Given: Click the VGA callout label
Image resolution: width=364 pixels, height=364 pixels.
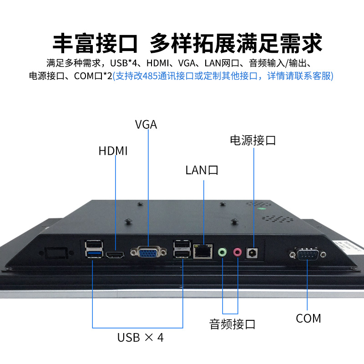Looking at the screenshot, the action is coord(146,124).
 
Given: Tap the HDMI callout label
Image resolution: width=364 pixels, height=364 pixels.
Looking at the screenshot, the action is coord(113,151).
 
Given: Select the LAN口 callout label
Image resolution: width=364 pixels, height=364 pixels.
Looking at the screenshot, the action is coord(202,170).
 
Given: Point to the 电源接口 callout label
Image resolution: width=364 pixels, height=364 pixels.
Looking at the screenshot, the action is coord(253,141).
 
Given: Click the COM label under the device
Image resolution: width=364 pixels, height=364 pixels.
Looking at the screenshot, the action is coord(308,318).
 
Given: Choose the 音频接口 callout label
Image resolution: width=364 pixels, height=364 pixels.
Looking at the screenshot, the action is coord(232,324).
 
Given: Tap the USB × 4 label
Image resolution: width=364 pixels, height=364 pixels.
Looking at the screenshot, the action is coord(141,338).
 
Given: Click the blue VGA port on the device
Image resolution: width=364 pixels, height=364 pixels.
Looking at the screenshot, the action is coord(148,252).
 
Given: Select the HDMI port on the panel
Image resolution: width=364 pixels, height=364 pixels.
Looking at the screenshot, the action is coord(115,255).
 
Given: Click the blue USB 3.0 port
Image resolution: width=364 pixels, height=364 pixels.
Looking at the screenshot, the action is coord(94,254).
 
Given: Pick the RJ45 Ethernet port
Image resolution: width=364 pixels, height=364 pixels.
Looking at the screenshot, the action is coord(202,251).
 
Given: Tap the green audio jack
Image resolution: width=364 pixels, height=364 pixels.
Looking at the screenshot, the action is coord(222,252).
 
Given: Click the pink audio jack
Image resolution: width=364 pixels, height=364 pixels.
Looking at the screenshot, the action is coord(237,252).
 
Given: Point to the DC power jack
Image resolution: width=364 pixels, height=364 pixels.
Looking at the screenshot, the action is coord(252,253).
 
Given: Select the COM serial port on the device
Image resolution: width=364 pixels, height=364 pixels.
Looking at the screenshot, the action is coord(308,254).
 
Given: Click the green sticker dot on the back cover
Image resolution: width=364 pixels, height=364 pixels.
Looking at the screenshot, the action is coord(262,209).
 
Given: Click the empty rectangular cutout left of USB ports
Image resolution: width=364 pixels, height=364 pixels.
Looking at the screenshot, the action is coord(56,253).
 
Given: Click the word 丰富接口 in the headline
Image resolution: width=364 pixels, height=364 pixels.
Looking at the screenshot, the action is coord(95,43).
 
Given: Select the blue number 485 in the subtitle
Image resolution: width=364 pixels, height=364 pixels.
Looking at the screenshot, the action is coord(150,76).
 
